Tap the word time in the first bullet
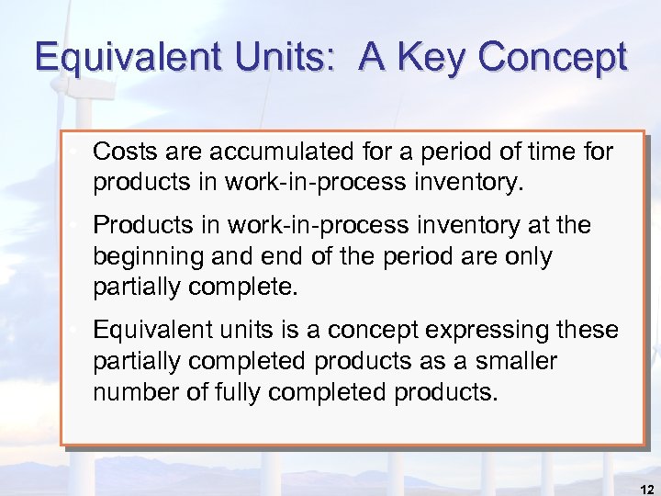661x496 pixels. coord(544,152)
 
